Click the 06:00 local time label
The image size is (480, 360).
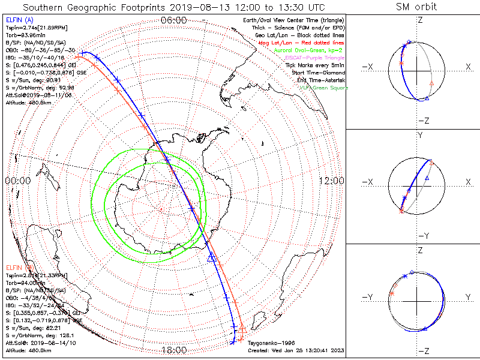(173, 20)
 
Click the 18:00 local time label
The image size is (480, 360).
(173, 350)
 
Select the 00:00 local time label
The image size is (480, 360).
(17, 181)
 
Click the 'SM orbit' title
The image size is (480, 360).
(416, 7)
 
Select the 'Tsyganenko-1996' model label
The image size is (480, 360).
(269, 343)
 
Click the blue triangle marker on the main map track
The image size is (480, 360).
(211, 257)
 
